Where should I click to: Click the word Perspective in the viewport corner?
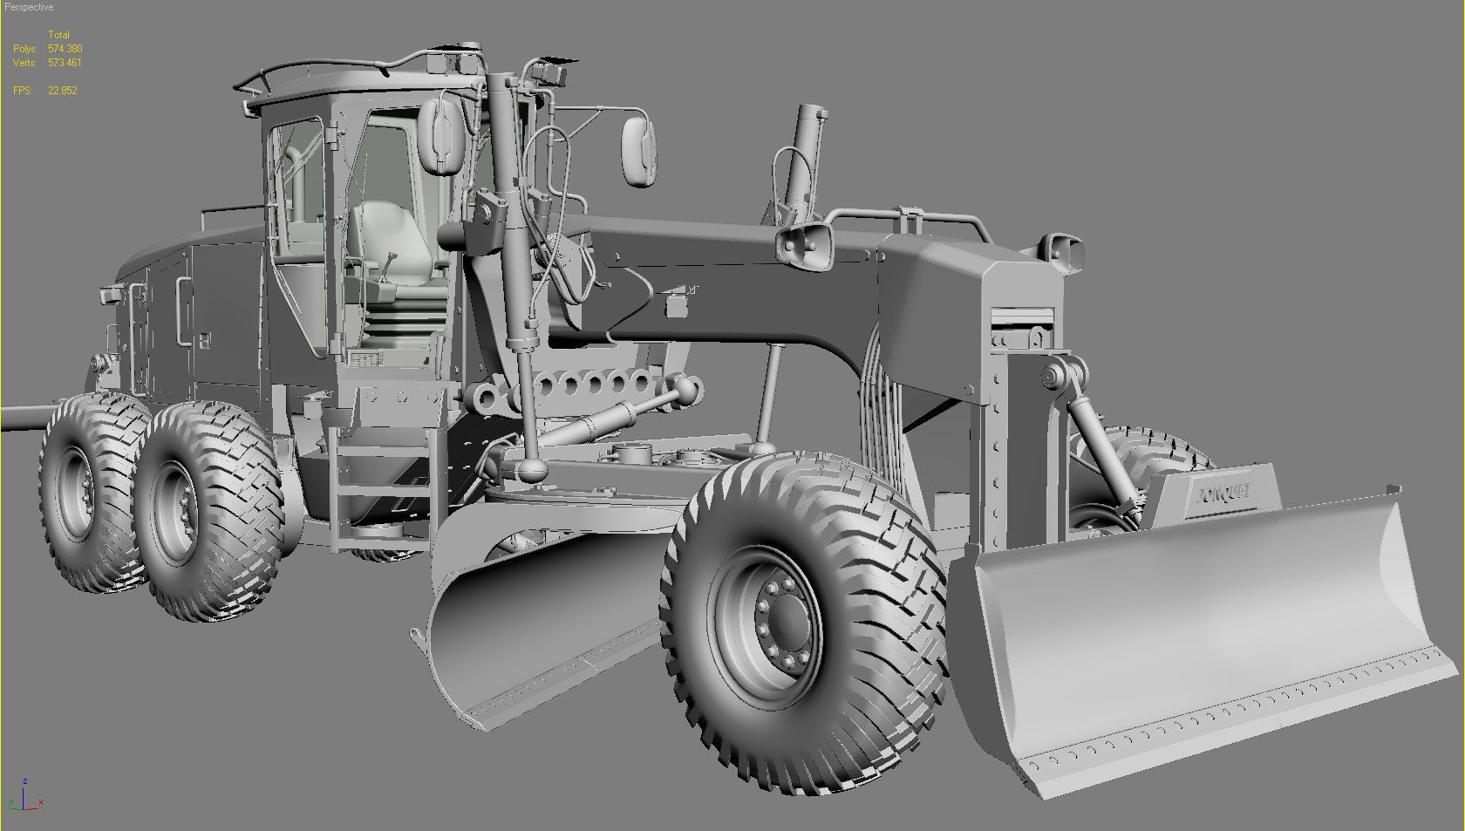(x=29, y=7)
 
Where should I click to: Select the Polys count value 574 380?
(x=65, y=49)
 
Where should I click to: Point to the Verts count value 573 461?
(x=65, y=63)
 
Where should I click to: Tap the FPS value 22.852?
(x=63, y=91)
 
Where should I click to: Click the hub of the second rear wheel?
(x=180, y=510)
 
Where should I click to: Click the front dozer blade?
(x=1212, y=645)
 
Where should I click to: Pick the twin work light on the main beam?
(x=803, y=243)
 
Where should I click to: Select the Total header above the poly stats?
(x=58, y=35)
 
